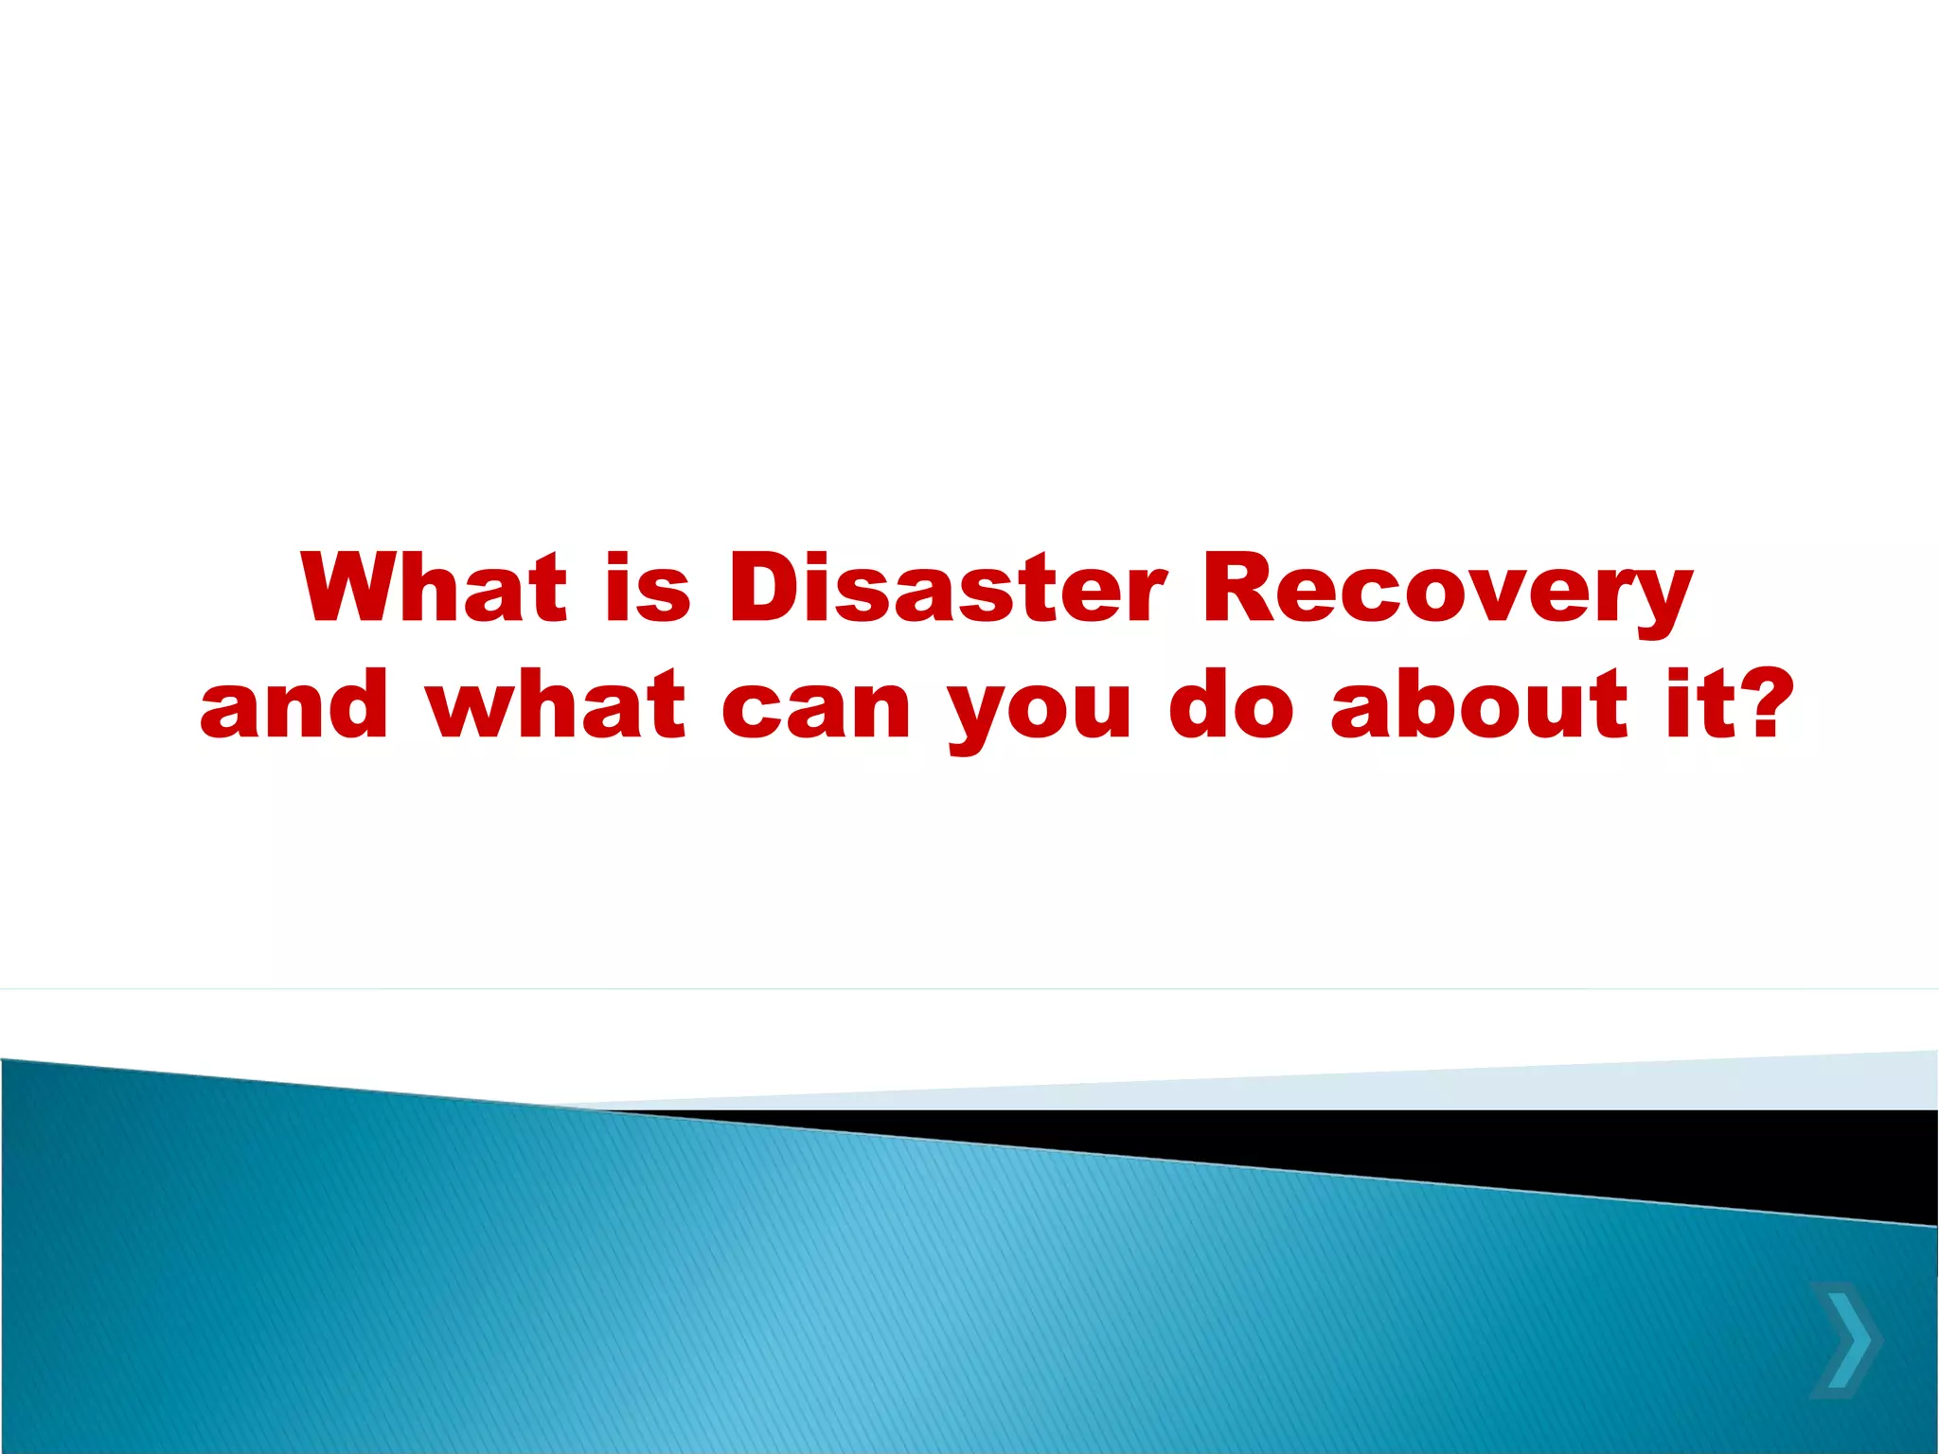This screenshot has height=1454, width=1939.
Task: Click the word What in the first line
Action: click(x=435, y=589)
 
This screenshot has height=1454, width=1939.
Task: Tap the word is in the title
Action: click(x=649, y=589)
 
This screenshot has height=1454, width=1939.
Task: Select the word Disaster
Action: click(x=948, y=589)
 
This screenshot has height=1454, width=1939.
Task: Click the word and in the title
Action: click(x=294, y=704)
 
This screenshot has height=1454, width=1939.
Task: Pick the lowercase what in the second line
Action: click(x=557, y=704)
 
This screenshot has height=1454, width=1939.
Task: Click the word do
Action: click(x=1231, y=704)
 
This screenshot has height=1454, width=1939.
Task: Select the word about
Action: click(x=1480, y=704)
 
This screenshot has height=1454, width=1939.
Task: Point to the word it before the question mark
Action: click(x=1694, y=704)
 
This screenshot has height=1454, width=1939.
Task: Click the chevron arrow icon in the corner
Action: click(x=1846, y=1339)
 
